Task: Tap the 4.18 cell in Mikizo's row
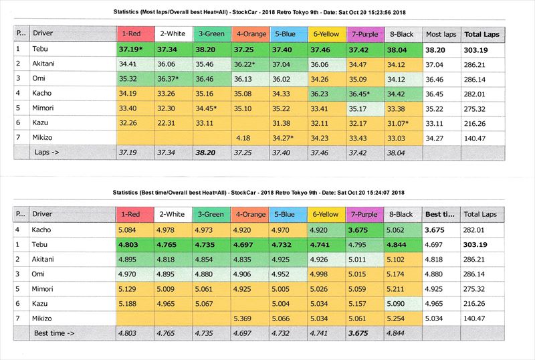pos(243,138)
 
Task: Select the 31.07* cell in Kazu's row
pos(403,123)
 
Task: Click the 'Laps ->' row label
pos(46,153)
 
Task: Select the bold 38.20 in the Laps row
pos(208,153)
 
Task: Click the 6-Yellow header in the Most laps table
pos(324,33)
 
